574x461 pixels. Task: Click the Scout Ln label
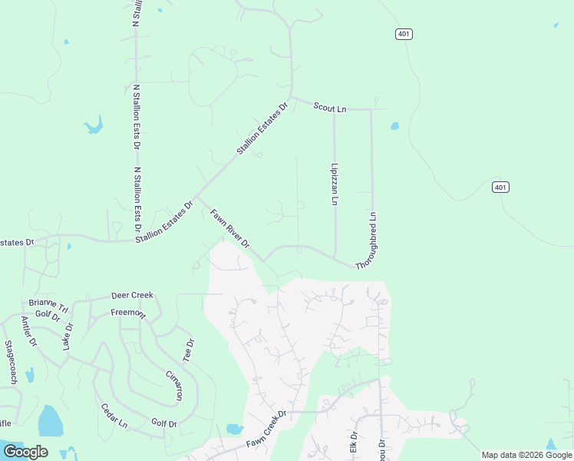tap(330, 108)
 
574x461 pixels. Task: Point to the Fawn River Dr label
tap(230, 230)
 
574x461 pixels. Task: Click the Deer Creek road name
tap(132, 295)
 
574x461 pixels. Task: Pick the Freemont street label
tap(127, 313)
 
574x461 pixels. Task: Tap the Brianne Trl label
tap(48, 305)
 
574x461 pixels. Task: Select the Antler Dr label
tap(29, 330)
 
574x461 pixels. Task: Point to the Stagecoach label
tap(11, 362)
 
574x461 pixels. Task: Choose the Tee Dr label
tap(188, 350)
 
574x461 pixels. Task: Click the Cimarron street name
tap(174, 385)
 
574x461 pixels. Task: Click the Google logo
tap(25, 452)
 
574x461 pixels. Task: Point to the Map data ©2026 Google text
tap(526, 455)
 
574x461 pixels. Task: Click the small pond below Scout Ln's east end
tap(394, 126)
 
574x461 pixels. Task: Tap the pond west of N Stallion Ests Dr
tap(94, 125)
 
